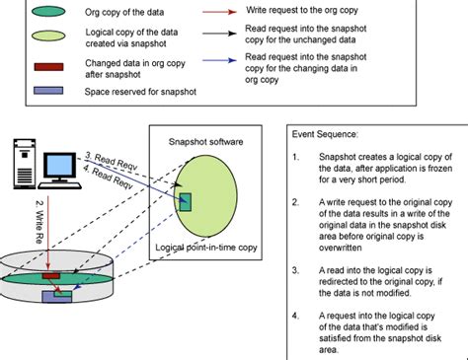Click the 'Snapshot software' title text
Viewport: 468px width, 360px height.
[205, 141]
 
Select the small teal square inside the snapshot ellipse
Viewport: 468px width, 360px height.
[187, 202]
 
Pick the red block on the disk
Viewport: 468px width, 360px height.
[50, 274]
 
